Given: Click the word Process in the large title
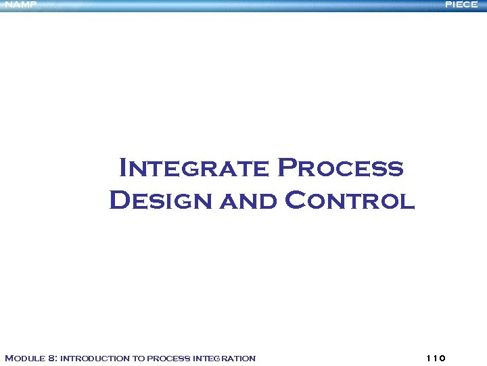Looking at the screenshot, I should click(341, 167).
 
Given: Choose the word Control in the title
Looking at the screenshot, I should click(350, 201).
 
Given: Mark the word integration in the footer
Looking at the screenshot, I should click(225, 359).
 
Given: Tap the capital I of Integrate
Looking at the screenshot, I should click(124, 167).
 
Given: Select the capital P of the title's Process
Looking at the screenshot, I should click(287, 167).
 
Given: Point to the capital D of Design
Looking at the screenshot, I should click(119, 201).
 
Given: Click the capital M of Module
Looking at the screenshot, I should click(9, 358).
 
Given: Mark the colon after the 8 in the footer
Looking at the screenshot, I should click(57, 359).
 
